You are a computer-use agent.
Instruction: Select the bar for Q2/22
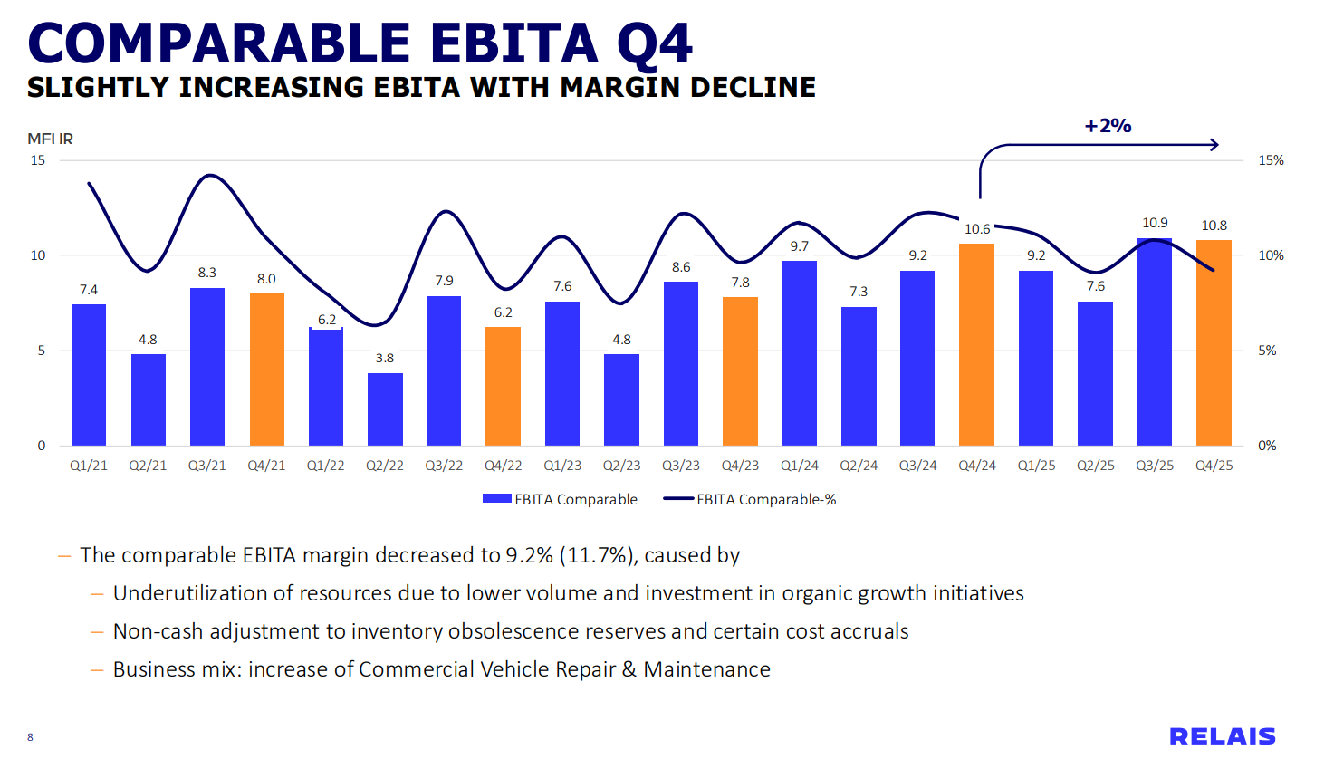click(x=385, y=409)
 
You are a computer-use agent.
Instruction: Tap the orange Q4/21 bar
click(x=266, y=370)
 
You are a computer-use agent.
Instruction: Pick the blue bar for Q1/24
click(x=800, y=353)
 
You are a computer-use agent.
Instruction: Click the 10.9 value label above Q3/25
click(x=1155, y=223)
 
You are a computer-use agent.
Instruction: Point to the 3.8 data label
click(x=385, y=358)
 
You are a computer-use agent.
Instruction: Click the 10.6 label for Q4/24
click(x=977, y=229)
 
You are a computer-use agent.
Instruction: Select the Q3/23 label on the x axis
click(x=681, y=466)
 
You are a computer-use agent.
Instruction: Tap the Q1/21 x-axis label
click(x=89, y=466)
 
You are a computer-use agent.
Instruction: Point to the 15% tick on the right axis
click(x=1271, y=160)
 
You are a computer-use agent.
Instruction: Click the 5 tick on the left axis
click(x=41, y=351)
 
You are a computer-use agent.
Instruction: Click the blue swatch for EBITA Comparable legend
click(x=497, y=499)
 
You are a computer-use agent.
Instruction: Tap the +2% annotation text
click(x=1108, y=126)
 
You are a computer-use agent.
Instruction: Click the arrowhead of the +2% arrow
click(x=1215, y=144)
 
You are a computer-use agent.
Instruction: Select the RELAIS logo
click(x=1222, y=735)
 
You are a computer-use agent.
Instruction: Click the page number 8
click(x=30, y=737)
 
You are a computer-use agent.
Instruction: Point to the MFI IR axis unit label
click(x=50, y=139)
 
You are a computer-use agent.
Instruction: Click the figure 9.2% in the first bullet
click(x=529, y=555)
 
